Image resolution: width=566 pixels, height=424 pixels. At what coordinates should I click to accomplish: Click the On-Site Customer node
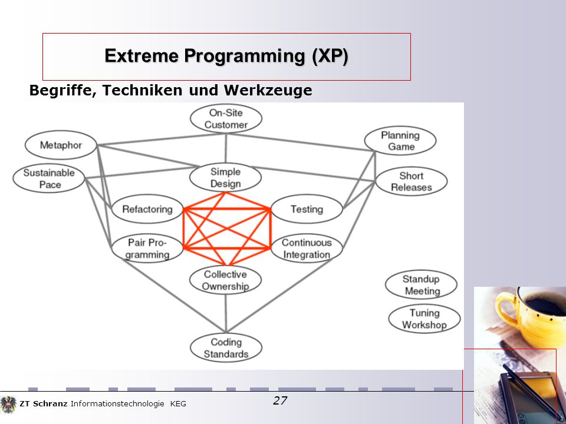pos(226,118)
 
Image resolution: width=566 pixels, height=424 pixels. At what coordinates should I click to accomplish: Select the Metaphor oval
pos(61,145)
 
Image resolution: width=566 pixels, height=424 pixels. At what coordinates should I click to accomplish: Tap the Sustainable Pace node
pos(49,178)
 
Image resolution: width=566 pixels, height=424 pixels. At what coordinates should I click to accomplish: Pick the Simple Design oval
pos(225,177)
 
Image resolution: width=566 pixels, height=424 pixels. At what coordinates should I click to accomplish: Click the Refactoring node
pos(147,209)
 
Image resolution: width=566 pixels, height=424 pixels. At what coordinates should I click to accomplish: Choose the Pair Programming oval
pos(147,249)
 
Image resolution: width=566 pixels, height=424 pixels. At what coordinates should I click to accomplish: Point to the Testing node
pos(307,209)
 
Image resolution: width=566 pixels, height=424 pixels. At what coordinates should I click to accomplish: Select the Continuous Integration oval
pos(307,249)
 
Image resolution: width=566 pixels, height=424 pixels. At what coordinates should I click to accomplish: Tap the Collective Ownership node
pos(225,280)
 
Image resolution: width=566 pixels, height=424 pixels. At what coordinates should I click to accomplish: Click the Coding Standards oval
pos(226,348)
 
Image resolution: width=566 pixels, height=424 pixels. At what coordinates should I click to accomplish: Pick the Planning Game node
pos(400,141)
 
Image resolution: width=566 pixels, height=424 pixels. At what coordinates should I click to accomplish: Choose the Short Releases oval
pos(412,181)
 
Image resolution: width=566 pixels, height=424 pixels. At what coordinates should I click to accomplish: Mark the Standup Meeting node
pos(421,285)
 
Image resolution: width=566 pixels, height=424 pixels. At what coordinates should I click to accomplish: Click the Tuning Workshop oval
pos(424,319)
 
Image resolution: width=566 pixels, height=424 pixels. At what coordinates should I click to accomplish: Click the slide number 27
pos(280,400)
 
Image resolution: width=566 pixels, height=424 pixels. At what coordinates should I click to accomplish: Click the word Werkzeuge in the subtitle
pos(268,90)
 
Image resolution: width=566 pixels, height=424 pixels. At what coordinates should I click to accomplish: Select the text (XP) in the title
pos(330,56)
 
